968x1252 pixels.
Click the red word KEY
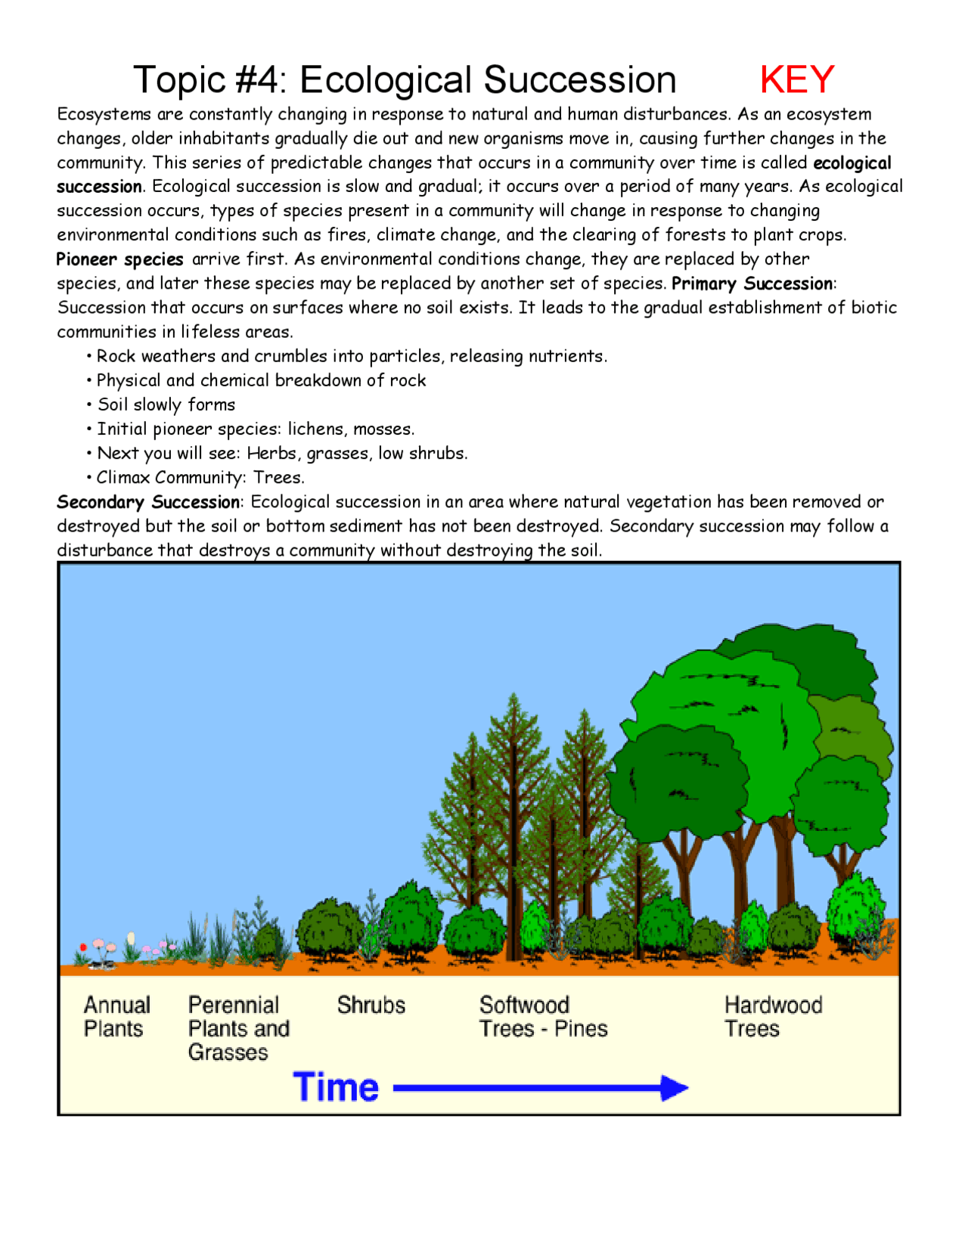(x=796, y=79)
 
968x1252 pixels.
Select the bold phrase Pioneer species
(x=119, y=259)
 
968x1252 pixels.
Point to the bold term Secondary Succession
(x=148, y=502)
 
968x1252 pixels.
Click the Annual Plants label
(x=116, y=1016)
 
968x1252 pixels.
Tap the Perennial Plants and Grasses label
(x=237, y=1028)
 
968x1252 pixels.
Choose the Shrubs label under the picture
(x=371, y=1005)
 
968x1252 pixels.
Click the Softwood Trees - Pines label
(x=542, y=1016)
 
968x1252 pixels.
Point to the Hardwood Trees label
(x=772, y=1016)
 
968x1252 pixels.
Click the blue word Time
(x=336, y=1087)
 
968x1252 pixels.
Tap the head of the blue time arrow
(x=675, y=1088)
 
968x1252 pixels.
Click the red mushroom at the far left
(x=83, y=947)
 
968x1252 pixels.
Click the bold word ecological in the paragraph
(x=852, y=163)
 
